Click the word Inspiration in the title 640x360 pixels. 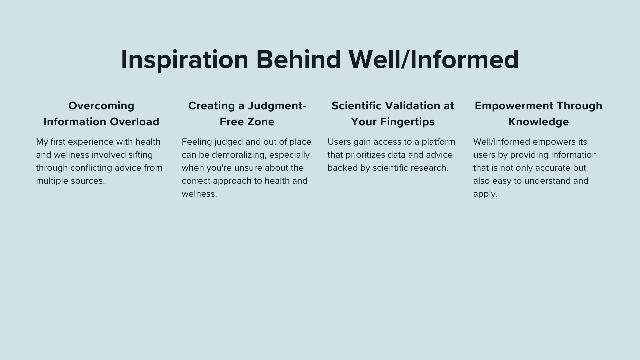(185, 60)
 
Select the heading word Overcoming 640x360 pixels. (101, 106)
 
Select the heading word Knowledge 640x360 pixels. (539, 122)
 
